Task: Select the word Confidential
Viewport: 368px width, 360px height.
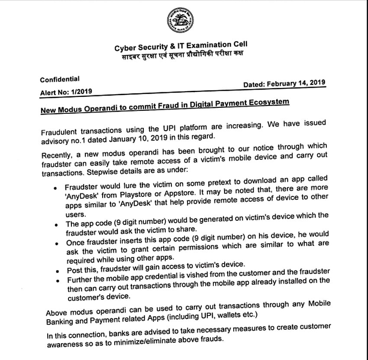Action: click(x=60, y=80)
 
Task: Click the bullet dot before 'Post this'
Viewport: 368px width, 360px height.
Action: click(x=58, y=271)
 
